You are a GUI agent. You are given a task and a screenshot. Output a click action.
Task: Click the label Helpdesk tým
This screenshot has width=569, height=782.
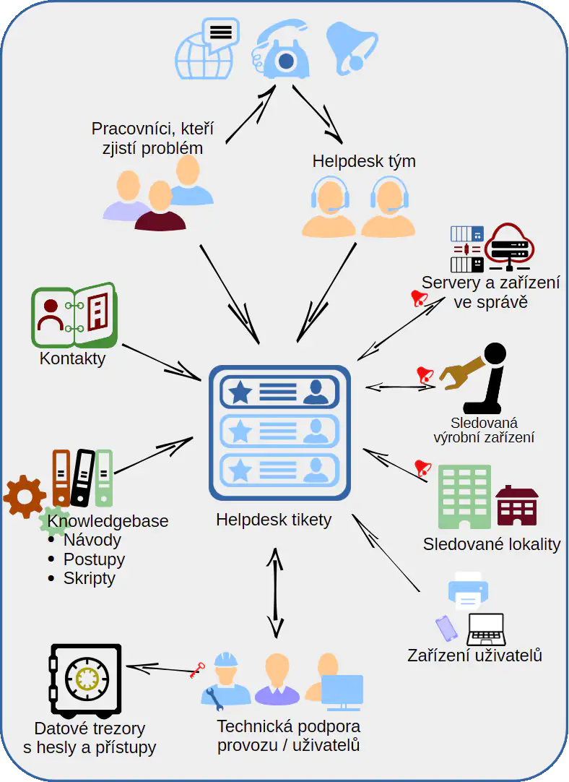click(x=364, y=160)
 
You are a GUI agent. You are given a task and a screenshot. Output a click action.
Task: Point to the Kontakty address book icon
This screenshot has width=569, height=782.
click(x=74, y=316)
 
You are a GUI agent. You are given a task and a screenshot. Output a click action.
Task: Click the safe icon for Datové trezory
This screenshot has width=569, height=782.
click(x=85, y=678)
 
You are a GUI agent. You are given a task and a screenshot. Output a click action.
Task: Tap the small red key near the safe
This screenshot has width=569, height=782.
click(x=196, y=670)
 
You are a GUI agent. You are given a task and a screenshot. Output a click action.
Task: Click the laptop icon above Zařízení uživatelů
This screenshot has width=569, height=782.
click(x=485, y=630)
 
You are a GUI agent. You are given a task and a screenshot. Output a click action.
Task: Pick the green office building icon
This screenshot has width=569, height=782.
click(x=464, y=497)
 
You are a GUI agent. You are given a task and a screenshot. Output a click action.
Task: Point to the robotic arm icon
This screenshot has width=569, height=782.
click(x=477, y=376)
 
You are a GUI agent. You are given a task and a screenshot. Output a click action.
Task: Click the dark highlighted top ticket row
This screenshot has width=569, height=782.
click(x=279, y=392)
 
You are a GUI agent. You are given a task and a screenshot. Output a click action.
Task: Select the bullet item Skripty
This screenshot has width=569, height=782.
click(x=89, y=578)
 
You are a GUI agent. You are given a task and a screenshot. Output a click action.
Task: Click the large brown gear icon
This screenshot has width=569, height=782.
click(x=24, y=497)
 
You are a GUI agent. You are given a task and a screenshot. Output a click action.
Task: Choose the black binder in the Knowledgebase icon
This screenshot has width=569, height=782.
click(x=82, y=477)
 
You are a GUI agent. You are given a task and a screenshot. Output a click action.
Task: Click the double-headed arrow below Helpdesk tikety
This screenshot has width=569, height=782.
click(x=274, y=592)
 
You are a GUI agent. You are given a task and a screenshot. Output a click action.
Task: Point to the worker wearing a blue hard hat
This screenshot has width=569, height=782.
click(x=226, y=679)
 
